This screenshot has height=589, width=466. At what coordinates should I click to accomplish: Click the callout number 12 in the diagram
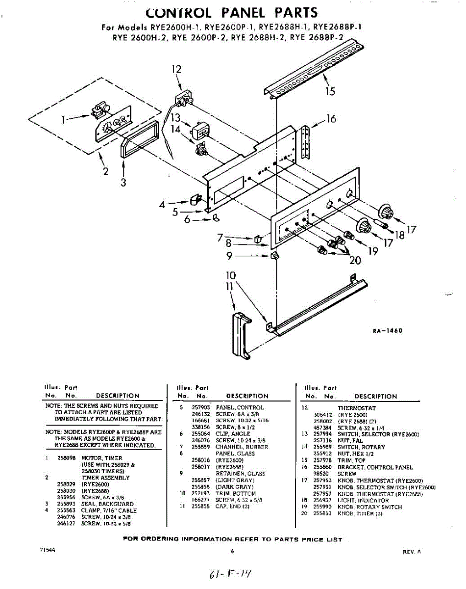pyautogui.click(x=176, y=69)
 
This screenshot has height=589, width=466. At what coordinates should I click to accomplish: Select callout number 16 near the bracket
pyautogui.click(x=331, y=119)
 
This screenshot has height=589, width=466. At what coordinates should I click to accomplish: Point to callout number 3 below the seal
pyautogui.click(x=123, y=182)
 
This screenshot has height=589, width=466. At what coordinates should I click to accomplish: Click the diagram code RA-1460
pyautogui.click(x=388, y=331)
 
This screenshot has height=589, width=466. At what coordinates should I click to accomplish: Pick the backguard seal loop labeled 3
pyautogui.click(x=139, y=139)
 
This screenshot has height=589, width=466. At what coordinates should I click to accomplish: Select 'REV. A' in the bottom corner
pyautogui.click(x=412, y=552)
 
